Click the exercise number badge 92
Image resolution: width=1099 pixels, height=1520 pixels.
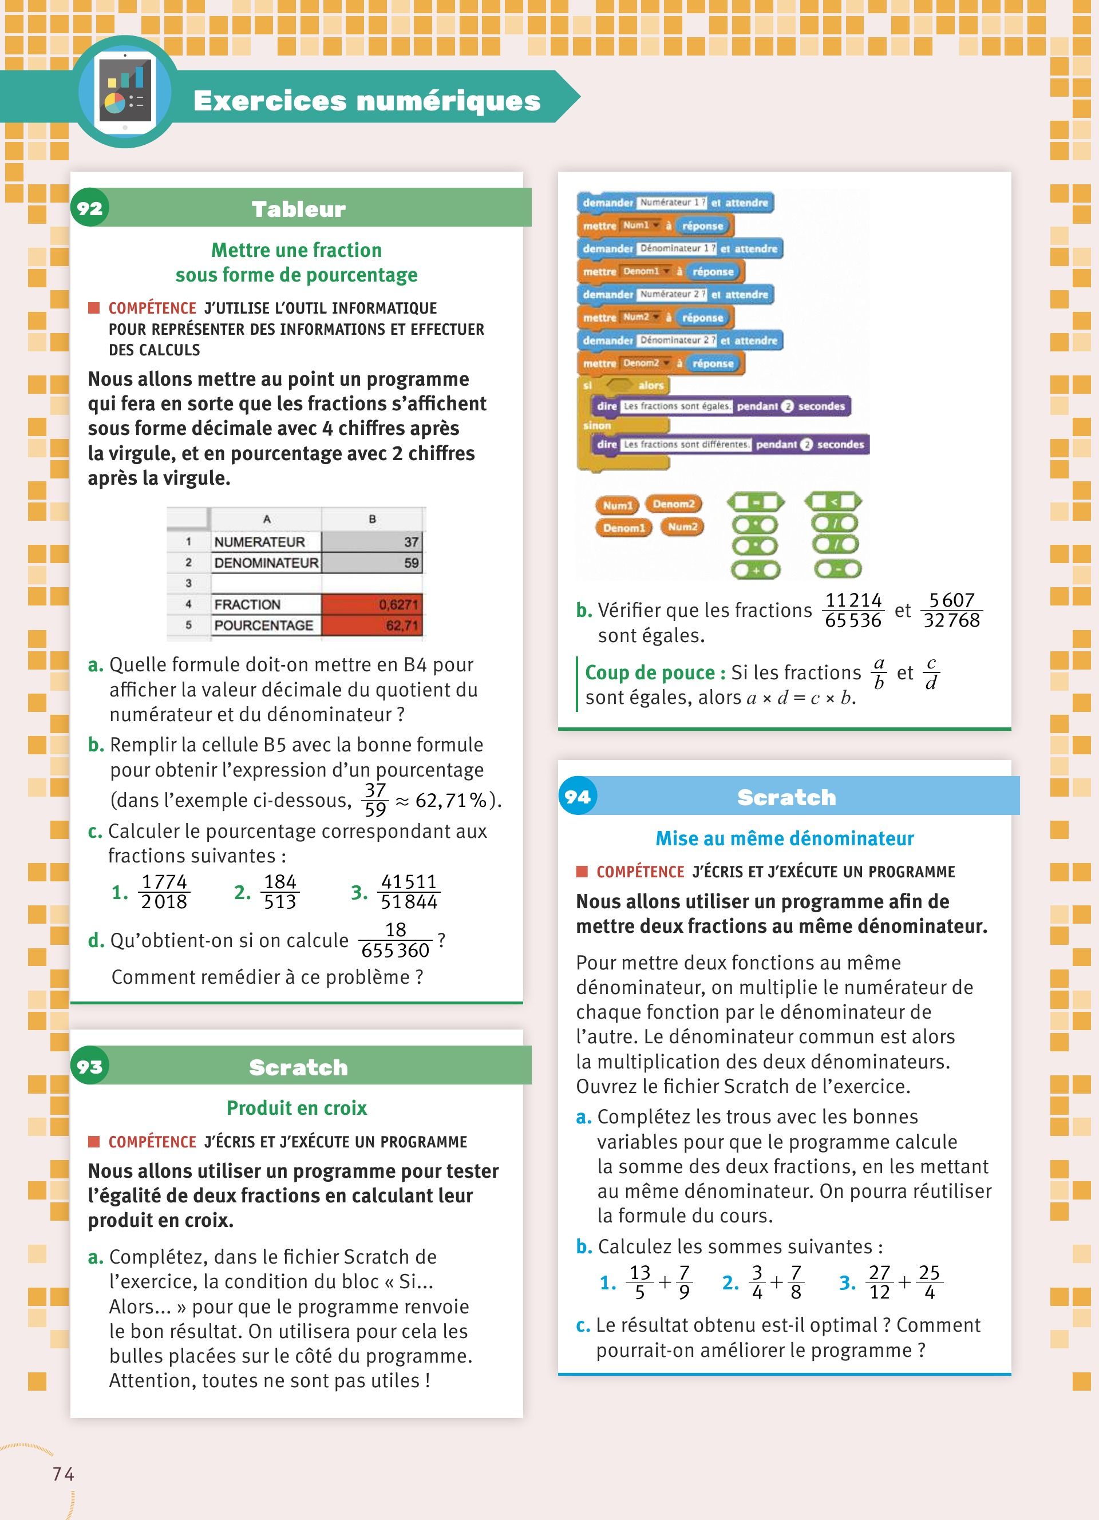pos(90,208)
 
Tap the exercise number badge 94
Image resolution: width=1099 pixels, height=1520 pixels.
pos(578,796)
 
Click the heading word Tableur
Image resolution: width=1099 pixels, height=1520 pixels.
pos(299,209)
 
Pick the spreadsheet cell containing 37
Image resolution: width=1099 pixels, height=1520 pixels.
pos(372,541)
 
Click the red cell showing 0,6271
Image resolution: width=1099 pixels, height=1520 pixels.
pos(372,604)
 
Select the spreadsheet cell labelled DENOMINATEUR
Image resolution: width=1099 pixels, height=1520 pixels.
pos(266,563)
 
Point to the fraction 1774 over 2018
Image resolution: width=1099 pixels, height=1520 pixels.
pos(164,892)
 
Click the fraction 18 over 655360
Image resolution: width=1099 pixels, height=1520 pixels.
pos(396,940)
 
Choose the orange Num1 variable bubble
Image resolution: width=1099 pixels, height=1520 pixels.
pos(616,505)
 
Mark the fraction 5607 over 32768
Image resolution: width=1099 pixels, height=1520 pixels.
pos(951,610)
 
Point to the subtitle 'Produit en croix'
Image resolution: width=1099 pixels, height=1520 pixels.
pos(297,1109)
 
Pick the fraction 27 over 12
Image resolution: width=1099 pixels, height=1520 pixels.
pos(879,1282)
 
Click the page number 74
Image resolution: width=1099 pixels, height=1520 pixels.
pos(64,1474)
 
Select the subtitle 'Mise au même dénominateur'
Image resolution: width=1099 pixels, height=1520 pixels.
pos(785,838)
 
